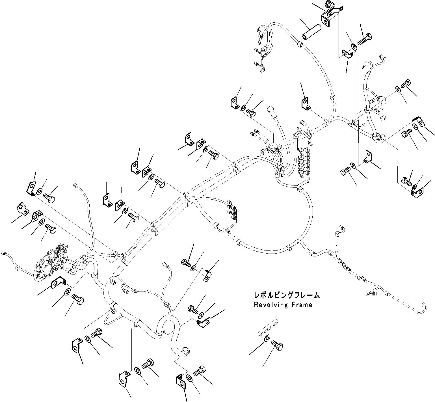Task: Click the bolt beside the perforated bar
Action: pyautogui.click(x=277, y=345)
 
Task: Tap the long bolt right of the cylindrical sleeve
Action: pyautogui.click(x=365, y=39)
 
